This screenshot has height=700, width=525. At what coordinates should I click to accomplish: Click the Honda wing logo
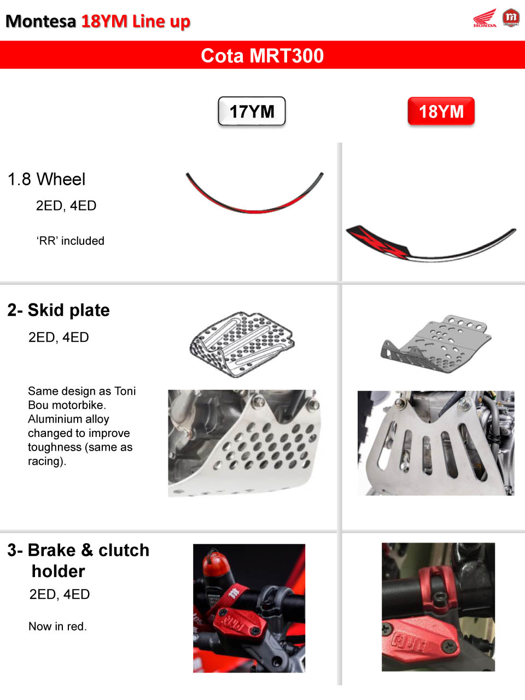click(485, 18)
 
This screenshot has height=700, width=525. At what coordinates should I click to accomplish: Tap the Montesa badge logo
click(511, 17)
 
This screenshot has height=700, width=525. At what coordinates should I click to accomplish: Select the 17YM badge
click(252, 111)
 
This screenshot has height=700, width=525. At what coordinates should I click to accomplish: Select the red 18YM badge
click(441, 111)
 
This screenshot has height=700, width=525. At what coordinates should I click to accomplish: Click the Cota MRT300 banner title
click(262, 55)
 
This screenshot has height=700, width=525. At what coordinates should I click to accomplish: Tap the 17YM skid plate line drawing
click(242, 345)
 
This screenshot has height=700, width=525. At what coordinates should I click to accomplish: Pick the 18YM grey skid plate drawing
click(436, 345)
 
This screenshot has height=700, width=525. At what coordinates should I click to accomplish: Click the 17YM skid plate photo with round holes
click(244, 444)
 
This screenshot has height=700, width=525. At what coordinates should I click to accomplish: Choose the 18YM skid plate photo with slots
click(436, 443)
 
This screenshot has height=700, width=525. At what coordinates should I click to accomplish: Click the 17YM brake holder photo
click(249, 608)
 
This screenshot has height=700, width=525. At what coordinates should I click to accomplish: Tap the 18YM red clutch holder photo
click(438, 607)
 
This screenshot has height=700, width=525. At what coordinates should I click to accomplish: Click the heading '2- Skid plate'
click(59, 310)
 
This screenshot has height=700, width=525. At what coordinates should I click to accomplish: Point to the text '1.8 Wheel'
click(46, 179)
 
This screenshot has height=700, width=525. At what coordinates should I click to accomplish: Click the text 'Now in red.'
click(58, 626)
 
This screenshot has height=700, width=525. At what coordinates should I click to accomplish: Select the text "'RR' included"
click(70, 241)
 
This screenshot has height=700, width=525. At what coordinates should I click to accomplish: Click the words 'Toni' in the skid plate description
click(125, 391)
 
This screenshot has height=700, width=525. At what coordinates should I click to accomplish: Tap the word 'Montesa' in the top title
click(41, 21)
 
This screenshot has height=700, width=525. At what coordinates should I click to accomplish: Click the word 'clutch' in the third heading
click(124, 551)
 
